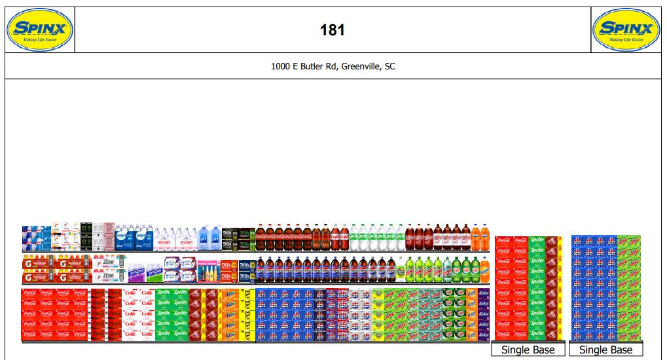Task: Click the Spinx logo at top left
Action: pos(39,29)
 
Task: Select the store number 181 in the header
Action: pos(333,30)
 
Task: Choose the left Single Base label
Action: pos(528,350)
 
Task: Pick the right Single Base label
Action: pos(605,350)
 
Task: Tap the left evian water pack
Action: pos(165,240)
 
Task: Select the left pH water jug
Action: pos(204,239)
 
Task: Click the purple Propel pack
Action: pos(154,271)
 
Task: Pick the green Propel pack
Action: pos(136,271)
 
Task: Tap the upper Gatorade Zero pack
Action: pos(109,262)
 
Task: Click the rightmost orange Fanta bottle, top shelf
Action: pos(484,238)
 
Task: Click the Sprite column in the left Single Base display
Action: pos(537,288)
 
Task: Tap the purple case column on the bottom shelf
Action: pos(484,314)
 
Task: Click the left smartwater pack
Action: pos(125,238)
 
